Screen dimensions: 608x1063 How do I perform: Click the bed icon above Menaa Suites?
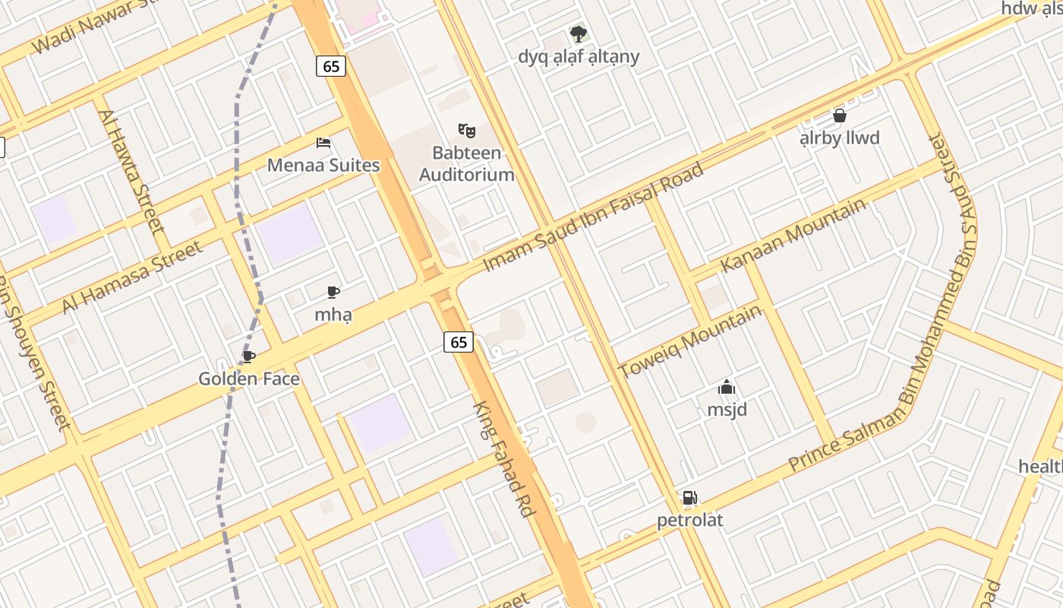click(x=323, y=143)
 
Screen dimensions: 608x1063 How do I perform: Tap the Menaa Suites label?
click(x=323, y=164)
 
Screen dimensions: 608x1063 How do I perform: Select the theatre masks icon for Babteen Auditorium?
click(x=466, y=131)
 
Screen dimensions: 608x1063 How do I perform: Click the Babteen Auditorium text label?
click(x=467, y=163)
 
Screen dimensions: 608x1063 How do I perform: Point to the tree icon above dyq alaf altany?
click(x=579, y=34)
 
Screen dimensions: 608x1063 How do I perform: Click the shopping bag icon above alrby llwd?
click(x=840, y=116)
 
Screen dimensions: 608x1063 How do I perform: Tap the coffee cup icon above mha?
click(x=333, y=293)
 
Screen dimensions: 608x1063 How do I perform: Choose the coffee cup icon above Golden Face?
click(x=248, y=357)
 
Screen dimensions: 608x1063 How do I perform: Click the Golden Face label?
click(x=249, y=378)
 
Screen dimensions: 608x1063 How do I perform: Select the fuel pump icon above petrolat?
click(x=689, y=499)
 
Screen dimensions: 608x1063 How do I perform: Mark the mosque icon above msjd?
click(x=727, y=388)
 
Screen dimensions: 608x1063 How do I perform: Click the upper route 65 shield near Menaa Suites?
click(x=331, y=66)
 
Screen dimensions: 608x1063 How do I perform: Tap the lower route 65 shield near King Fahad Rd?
click(x=459, y=342)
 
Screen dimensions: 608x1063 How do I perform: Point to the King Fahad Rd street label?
click(x=503, y=459)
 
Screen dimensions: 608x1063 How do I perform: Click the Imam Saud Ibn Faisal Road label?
click(x=594, y=217)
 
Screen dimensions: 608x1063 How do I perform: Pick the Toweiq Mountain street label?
click(x=689, y=341)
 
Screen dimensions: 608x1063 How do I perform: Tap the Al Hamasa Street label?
click(x=132, y=277)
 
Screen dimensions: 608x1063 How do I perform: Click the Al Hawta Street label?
click(x=131, y=172)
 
